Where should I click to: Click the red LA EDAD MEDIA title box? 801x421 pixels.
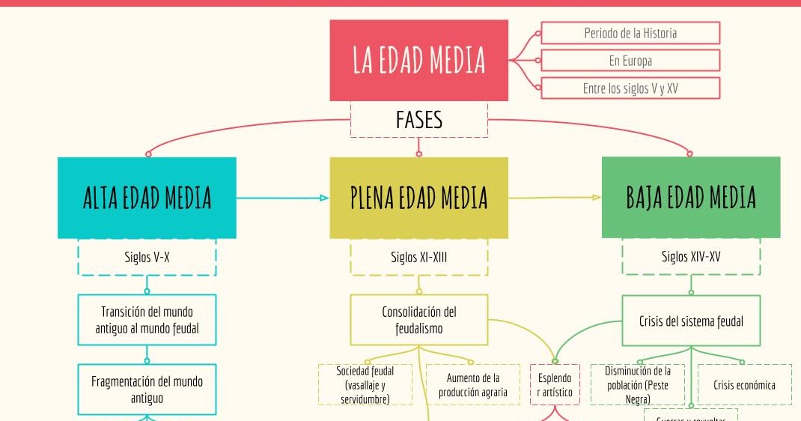[418, 60]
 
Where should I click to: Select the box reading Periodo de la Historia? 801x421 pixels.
[630, 33]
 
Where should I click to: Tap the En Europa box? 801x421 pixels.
[630, 61]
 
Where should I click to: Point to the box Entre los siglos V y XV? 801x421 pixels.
[630, 88]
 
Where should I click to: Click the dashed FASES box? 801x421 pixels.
[418, 120]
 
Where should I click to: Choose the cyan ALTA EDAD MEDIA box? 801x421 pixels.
[147, 198]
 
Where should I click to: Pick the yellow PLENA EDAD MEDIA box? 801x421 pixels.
[418, 198]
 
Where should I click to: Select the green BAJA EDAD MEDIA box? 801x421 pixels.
[690, 198]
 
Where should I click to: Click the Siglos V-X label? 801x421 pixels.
[147, 258]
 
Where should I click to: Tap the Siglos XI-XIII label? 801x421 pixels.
[418, 258]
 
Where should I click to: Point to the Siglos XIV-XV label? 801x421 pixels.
[690, 258]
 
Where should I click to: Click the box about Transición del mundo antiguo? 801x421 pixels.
[147, 320]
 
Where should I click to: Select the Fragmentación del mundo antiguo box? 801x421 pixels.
[147, 390]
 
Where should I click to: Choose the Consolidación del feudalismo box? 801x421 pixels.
[418, 320]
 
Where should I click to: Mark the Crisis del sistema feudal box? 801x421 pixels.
[690, 321]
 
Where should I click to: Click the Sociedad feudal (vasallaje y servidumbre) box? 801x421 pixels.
[365, 385]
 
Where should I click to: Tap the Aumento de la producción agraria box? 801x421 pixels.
[472, 385]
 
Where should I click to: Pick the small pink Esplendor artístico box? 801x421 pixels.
[554, 385]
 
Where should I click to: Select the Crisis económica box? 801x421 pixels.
[744, 385]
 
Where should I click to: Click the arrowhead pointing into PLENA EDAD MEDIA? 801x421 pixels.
[324, 198]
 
